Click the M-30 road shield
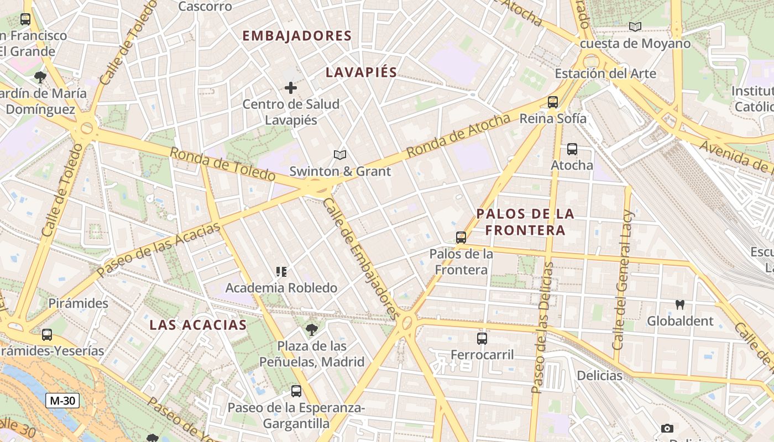tap(62, 401)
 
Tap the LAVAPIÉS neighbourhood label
tap(362, 72)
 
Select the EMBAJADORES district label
tap(297, 36)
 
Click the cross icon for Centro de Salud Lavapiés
tap(290, 88)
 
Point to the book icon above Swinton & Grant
tap(340, 155)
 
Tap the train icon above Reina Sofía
tap(552, 102)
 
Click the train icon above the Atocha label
tap(572, 149)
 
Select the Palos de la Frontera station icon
tap(461, 238)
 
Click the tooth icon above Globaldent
tap(680, 304)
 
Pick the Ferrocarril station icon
tap(482, 339)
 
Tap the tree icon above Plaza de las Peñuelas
tap(312, 330)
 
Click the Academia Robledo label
tap(281, 288)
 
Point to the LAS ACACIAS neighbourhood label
tap(198, 325)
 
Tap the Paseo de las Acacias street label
tap(159, 249)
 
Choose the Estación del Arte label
tap(605, 73)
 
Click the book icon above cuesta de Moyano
tap(635, 27)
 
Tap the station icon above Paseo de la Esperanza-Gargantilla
tap(296, 391)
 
